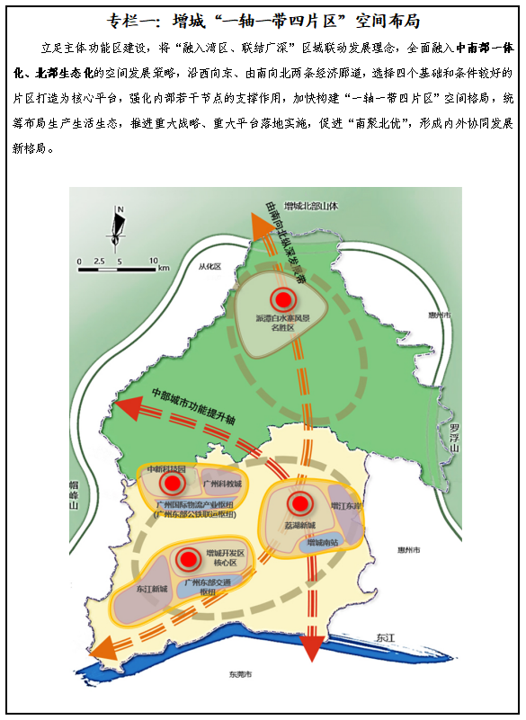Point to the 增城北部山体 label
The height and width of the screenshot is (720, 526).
point(309,205)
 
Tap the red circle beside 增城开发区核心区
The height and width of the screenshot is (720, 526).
point(187,559)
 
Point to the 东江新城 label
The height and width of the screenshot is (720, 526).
point(152,589)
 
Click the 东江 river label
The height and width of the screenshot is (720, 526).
point(385,636)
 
